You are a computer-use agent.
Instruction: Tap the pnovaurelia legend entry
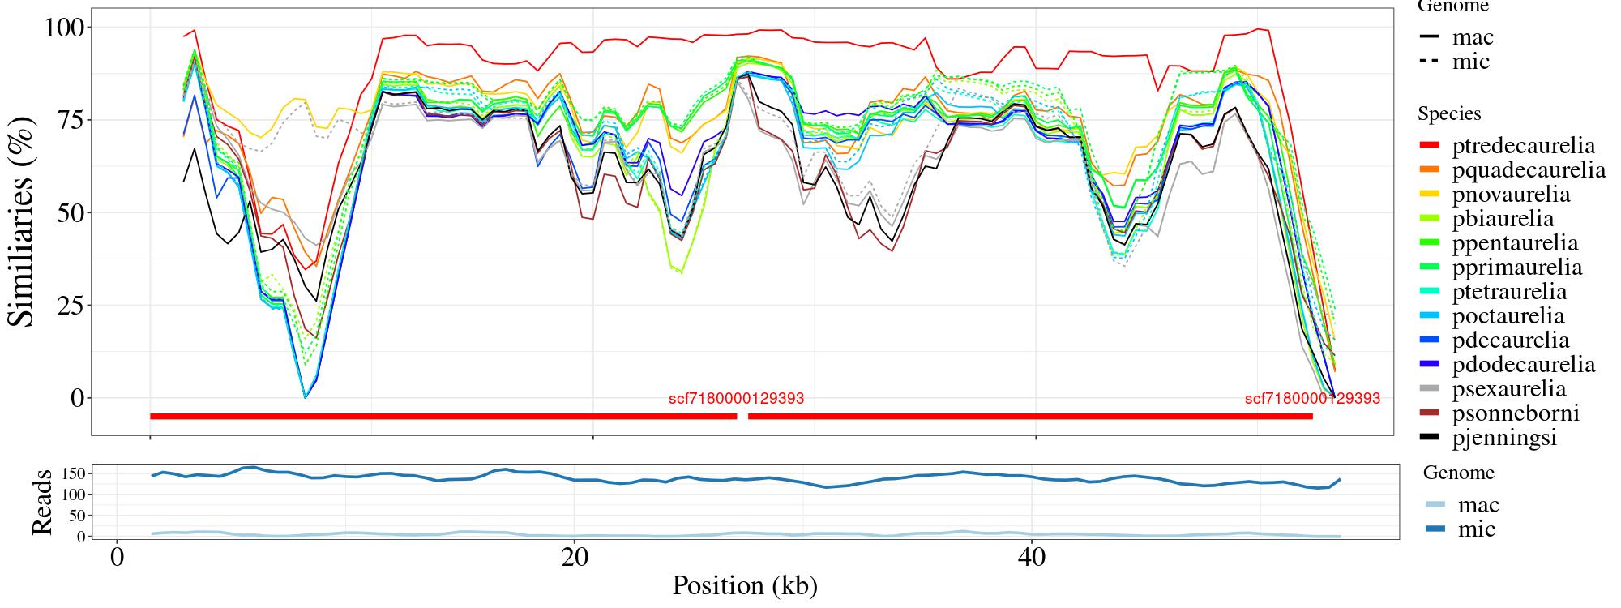pyautogui.click(x=1511, y=195)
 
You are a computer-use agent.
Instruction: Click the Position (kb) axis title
pyautogui.click(x=744, y=585)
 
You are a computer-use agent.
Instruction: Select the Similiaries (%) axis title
pyautogui.click(x=23, y=221)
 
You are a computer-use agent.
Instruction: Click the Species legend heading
pyautogui.click(x=1449, y=114)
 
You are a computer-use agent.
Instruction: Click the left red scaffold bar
pyautogui.click(x=443, y=417)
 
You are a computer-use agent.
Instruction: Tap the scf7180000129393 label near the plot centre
pyautogui.click(x=736, y=399)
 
